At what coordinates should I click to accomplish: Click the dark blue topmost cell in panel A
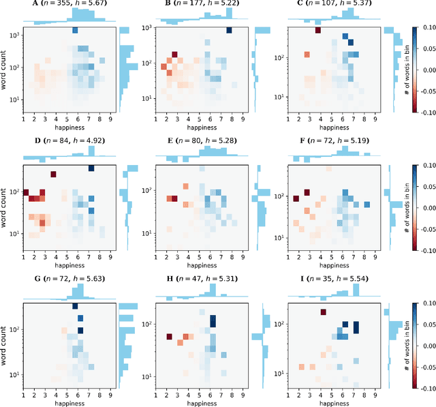tap(75, 31)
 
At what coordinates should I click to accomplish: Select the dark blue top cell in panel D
tap(91, 168)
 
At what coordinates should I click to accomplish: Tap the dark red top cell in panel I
tap(323, 313)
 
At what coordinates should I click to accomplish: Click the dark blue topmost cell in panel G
tap(75, 306)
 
